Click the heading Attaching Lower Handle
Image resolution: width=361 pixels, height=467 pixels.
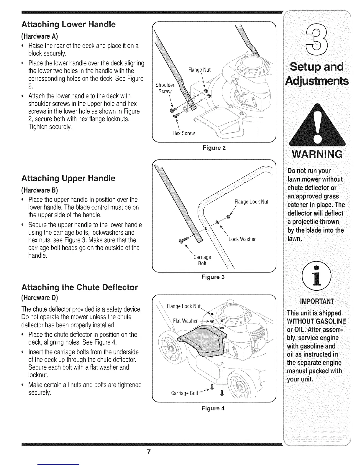(68, 24)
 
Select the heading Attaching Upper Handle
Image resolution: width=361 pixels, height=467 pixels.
(68, 178)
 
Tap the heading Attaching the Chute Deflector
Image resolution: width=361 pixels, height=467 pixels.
(79, 287)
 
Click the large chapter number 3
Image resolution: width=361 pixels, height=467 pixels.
(317, 37)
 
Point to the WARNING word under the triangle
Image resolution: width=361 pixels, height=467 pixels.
(317, 154)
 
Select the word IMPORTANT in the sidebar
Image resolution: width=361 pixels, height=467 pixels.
(317, 301)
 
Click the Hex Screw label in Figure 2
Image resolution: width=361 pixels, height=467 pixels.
(184, 133)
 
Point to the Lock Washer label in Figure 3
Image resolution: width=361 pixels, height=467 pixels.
(242, 239)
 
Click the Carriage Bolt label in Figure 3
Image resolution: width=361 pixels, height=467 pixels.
(202, 260)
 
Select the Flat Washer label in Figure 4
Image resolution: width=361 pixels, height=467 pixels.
(185, 321)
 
